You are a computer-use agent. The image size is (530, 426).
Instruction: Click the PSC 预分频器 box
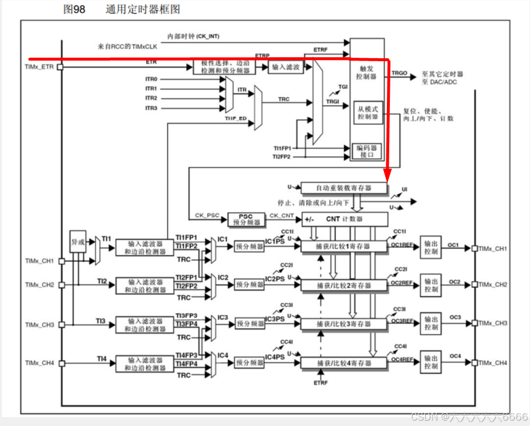[244, 219]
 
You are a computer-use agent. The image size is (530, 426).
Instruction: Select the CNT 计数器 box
[344, 219]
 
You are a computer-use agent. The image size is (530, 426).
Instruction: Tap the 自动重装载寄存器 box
[344, 188]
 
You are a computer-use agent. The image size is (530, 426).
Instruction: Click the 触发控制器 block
[366, 72]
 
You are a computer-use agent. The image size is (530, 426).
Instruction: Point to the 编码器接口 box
[366, 151]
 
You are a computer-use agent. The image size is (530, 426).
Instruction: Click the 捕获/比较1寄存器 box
[344, 246]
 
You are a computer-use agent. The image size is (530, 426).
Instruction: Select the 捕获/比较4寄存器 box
[344, 363]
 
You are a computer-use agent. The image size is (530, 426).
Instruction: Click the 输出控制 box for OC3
[431, 324]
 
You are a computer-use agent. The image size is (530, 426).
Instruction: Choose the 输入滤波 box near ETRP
[286, 67]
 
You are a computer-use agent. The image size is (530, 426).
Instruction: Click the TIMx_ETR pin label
[40, 67]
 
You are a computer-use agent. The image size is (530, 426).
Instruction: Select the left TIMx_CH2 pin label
[40, 285]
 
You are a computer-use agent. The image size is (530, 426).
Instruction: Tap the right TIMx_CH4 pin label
[493, 363]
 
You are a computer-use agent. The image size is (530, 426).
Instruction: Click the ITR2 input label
[151, 98]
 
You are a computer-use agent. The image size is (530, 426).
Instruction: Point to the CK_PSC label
[207, 215]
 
